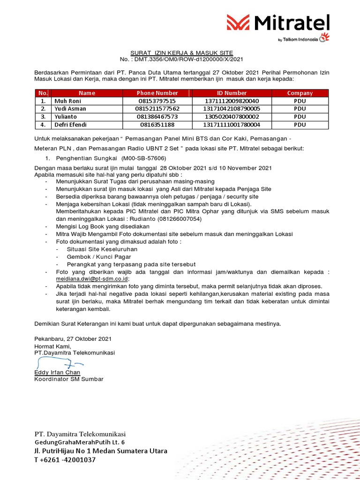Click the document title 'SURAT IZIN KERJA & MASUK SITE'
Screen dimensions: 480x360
click(181, 53)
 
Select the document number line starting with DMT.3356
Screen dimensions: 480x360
click(181, 60)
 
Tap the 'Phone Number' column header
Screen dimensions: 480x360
click(157, 93)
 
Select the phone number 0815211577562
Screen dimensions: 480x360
click(157, 109)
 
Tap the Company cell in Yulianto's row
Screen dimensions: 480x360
click(300, 117)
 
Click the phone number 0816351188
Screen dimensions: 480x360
click(157, 125)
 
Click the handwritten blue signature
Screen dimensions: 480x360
click(59, 363)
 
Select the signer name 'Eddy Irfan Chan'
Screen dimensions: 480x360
click(57, 372)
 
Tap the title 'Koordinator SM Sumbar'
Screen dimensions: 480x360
click(69, 379)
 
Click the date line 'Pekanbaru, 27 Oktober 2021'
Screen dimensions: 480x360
click(73, 338)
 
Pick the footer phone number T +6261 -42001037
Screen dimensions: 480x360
click(65, 460)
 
